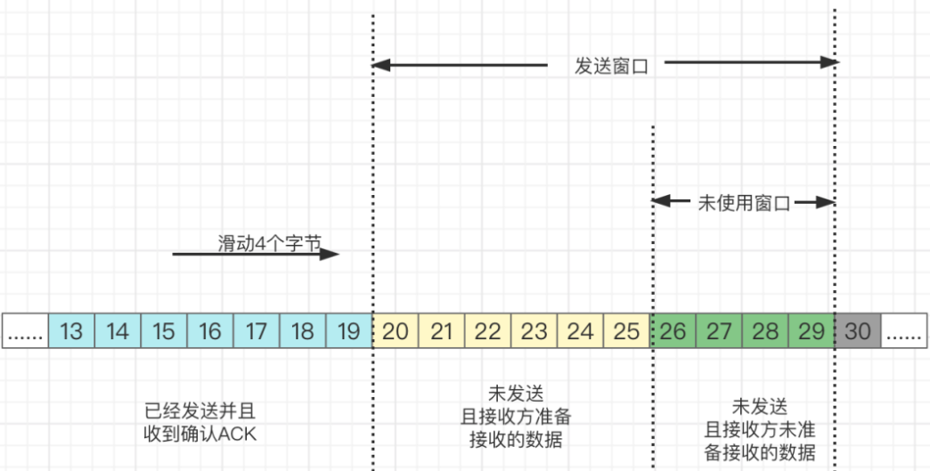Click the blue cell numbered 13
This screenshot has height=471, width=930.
point(71,331)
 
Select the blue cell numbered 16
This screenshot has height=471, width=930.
point(210,331)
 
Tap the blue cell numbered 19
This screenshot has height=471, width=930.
point(349,331)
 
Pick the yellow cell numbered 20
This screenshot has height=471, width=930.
point(396,331)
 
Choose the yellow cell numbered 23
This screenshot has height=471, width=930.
point(534,331)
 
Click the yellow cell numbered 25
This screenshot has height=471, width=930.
point(627,331)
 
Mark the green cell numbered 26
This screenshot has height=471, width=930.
point(673,331)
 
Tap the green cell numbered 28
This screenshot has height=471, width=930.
point(765,331)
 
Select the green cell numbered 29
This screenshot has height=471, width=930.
point(812,331)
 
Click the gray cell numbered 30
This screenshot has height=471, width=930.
point(858,331)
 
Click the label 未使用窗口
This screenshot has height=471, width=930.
point(745,203)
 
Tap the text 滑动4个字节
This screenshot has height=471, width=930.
point(268,243)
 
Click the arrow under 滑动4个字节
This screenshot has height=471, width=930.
point(256,254)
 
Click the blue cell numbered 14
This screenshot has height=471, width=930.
point(118,331)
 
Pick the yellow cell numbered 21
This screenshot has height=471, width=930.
point(442,331)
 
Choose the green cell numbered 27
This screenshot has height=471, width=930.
point(719,331)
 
